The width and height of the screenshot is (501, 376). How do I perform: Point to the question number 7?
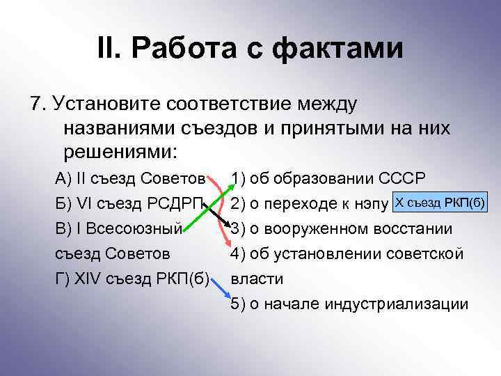coord(36,104)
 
